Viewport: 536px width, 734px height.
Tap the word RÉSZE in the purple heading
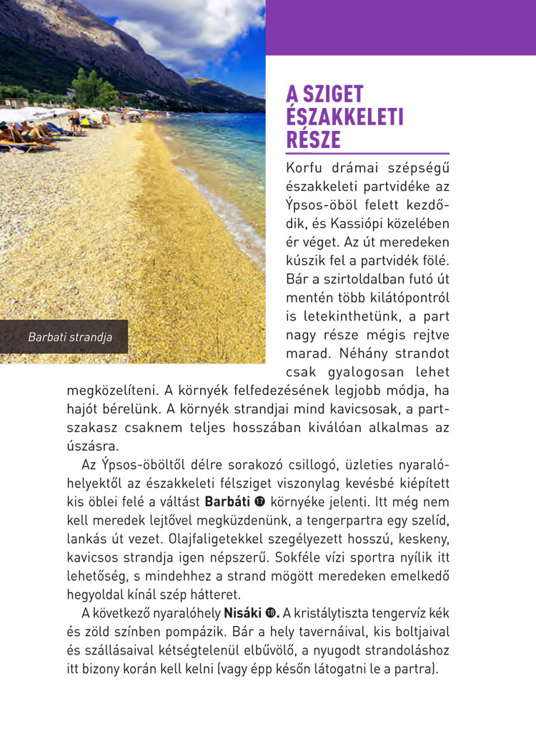pos(314,140)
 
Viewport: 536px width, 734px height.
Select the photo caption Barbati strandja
pos(70,337)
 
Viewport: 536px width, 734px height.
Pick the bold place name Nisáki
pos(243,613)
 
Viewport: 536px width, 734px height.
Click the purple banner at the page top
pos(400,27)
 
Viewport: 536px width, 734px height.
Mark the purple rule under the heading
pos(367,153)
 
